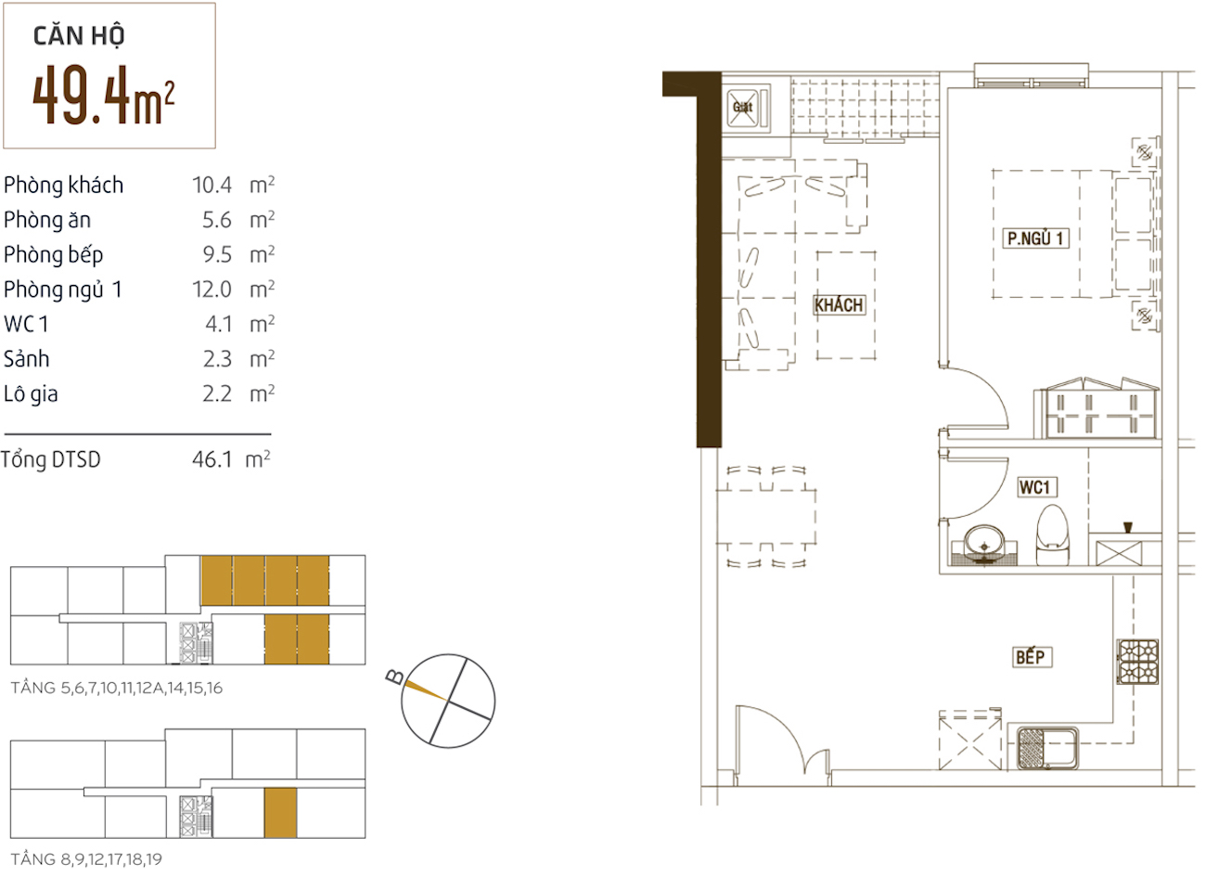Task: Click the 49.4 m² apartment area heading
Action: coord(103,95)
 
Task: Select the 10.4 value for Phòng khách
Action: coord(212,186)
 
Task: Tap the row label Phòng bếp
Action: coord(53,255)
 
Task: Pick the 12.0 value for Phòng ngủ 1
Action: coord(212,290)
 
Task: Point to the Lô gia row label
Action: coord(31,394)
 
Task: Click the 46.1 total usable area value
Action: coord(212,459)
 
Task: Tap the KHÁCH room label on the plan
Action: coord(839,305)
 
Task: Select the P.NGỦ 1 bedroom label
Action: coord(1034,238)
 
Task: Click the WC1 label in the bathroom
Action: coord(1034,487)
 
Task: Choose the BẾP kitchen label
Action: coord(1030,657)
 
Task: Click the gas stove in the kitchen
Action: coord(1137,662)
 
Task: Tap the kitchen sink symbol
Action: coord(1047,747)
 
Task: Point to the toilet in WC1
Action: coord(1053,535)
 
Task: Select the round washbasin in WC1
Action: coord(984,545)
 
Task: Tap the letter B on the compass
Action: coord(395,677)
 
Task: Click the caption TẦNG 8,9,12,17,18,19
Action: coord(86,859)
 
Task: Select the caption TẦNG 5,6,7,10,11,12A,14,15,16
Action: coord(116,689)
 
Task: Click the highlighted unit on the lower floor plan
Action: coord(280,813)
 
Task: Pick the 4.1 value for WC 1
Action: coord(219,324)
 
